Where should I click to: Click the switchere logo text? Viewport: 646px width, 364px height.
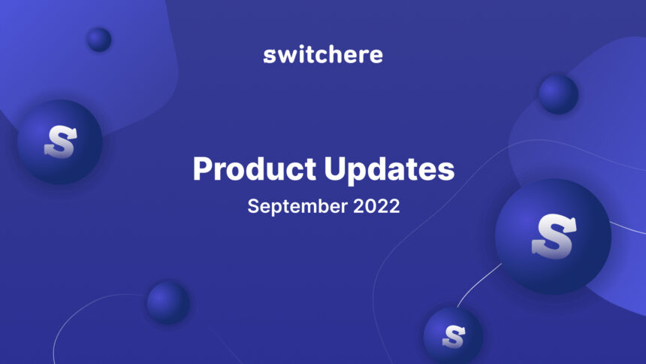[x=323, y=55]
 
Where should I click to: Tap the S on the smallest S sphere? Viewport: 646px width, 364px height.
[x=453, y=335]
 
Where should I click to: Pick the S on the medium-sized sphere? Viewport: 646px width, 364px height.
[x=59, y=141]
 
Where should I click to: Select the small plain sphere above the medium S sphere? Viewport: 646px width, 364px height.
[x=98, y=39]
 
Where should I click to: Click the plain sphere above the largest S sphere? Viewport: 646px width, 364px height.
[x=558, y=94]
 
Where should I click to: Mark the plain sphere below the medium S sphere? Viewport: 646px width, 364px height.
[x=168, y=302]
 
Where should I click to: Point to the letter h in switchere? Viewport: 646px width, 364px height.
[x=334, y=54]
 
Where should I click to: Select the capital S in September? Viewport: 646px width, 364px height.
[x=254, y=206]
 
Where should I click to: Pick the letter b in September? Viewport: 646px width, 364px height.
[x=321, y=206]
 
